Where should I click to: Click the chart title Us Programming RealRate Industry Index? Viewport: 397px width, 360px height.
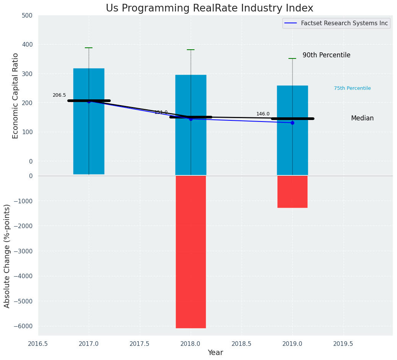(x=209, y=8)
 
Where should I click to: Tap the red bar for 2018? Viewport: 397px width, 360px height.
(x=191, y=251)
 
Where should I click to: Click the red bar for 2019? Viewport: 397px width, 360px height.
(x=292, y=191)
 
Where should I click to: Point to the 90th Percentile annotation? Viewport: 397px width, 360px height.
(x=326, y=55)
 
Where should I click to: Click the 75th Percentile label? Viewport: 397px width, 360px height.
(x=352, y=88)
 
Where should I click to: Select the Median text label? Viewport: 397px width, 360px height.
(x=362, y=118)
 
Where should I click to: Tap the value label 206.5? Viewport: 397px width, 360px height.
(x=59, y=95)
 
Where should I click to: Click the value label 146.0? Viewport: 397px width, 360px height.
(x=263, y=114)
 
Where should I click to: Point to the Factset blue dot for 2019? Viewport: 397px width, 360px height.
(x=292, y=123)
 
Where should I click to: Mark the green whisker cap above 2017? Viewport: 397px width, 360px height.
(x=89, y=48)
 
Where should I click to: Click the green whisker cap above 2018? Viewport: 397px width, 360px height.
(x=191, y=50)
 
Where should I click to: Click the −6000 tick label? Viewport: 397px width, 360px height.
(x=22, y=326)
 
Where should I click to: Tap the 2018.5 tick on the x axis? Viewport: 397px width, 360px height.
(x=241, y=344)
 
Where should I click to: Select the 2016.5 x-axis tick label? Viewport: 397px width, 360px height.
(x=38, y=344)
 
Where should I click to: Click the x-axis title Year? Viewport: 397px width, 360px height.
(x=215, y=353)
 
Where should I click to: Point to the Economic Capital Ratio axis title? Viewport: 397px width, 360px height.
(x=16, y=96)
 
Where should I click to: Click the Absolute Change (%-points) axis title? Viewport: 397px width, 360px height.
(x=7, y=256)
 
